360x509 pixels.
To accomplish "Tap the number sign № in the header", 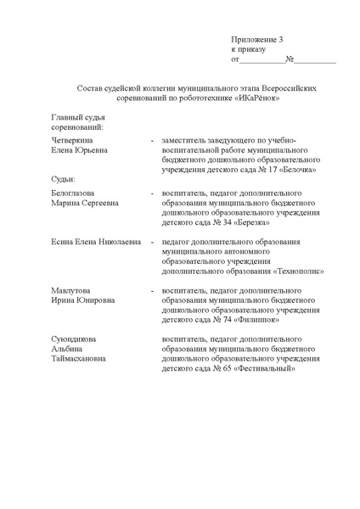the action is coord(290,60).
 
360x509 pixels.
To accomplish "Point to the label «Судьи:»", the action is coord(64,180).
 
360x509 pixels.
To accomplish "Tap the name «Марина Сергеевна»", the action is coord(85,204).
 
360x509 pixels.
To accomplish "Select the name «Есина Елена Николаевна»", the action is coord(96,242).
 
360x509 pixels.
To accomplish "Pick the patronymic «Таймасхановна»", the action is coord(79,358).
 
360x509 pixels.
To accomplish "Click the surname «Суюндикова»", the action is coord(75,338).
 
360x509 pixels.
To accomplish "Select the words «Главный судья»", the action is coord(77,117).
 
